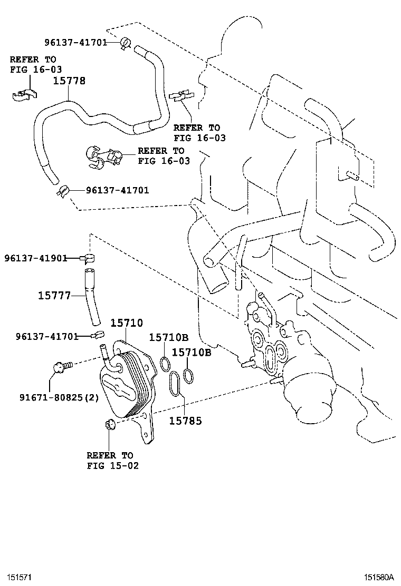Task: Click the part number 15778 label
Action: point(69,81)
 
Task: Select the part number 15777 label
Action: point(54,296)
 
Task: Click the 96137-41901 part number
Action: point(35,258)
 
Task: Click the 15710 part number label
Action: point(126,323)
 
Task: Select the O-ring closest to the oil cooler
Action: point(165,363)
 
